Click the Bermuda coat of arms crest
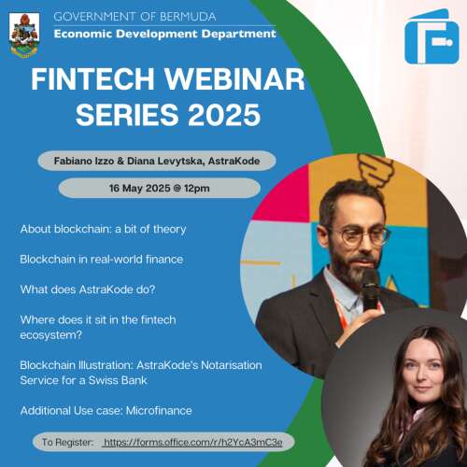click(24, 35)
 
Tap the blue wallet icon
click(432, 37)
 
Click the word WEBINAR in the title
click(234, 79)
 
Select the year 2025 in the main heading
click(224, 115)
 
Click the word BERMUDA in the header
click(188, 17)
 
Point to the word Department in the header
click(238, 34)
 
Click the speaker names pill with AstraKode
click(157, 161)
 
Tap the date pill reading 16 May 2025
click(160, 188)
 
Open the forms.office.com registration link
click(193, 442)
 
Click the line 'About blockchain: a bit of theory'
click(103, 229)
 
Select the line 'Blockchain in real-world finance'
click(102, 260)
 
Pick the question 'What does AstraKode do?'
click(88, 290)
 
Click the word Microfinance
click(159, 411)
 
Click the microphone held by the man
click(371, 290)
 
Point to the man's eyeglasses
click(361, 236)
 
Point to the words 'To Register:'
click(67, 442)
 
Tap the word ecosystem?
click(51, 335)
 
